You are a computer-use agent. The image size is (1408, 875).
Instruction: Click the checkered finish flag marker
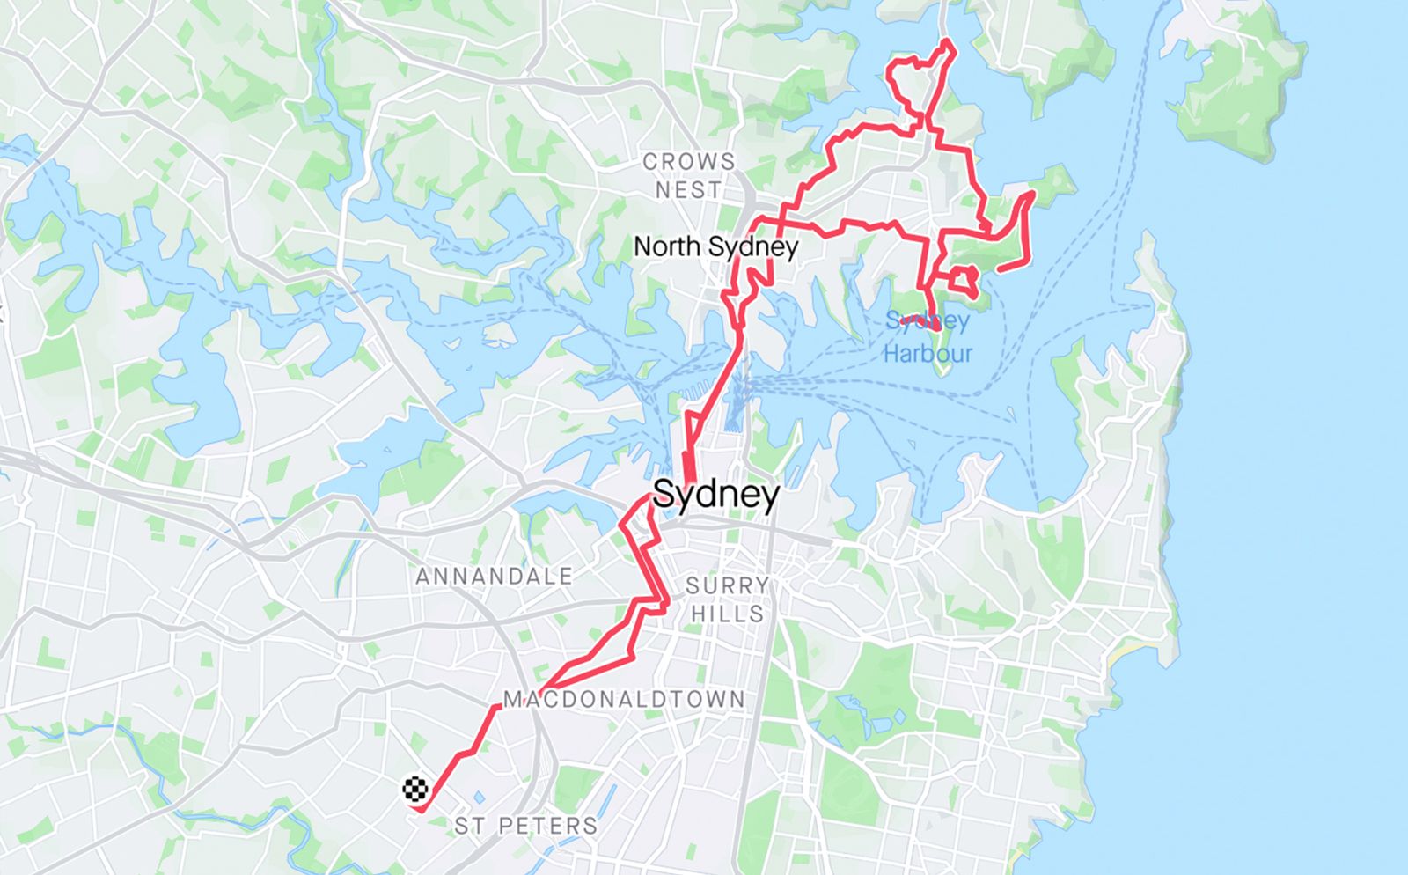(x=415, y=789)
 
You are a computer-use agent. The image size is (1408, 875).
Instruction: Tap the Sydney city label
(x=715, y=495)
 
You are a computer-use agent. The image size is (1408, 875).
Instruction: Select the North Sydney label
(x=715, y=246)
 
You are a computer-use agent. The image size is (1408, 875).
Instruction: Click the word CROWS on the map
(x=688, y=162)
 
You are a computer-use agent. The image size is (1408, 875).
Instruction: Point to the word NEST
(x=688, y=190)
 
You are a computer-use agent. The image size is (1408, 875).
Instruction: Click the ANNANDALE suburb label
(x=494, y=577)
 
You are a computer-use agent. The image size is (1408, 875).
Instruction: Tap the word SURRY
(x=727, y=585)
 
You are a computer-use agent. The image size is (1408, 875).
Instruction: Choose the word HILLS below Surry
(x=727, y=614)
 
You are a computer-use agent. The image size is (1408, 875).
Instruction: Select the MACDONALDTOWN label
(x=624, y=700)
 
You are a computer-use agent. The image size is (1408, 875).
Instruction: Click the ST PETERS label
(x=526, y=826)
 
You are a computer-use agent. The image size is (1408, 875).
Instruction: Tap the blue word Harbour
(x=928, y=354)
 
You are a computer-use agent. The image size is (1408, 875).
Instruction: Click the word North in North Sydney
(x=668, y=246)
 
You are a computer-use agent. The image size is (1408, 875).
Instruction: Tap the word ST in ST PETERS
(x=468, y=826)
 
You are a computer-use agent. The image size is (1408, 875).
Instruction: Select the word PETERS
(x=547, y=826)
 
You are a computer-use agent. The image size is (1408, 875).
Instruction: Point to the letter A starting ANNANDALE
(x=422, y=577)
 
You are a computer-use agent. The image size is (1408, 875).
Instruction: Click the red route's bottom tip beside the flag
(x=422, y=809)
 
